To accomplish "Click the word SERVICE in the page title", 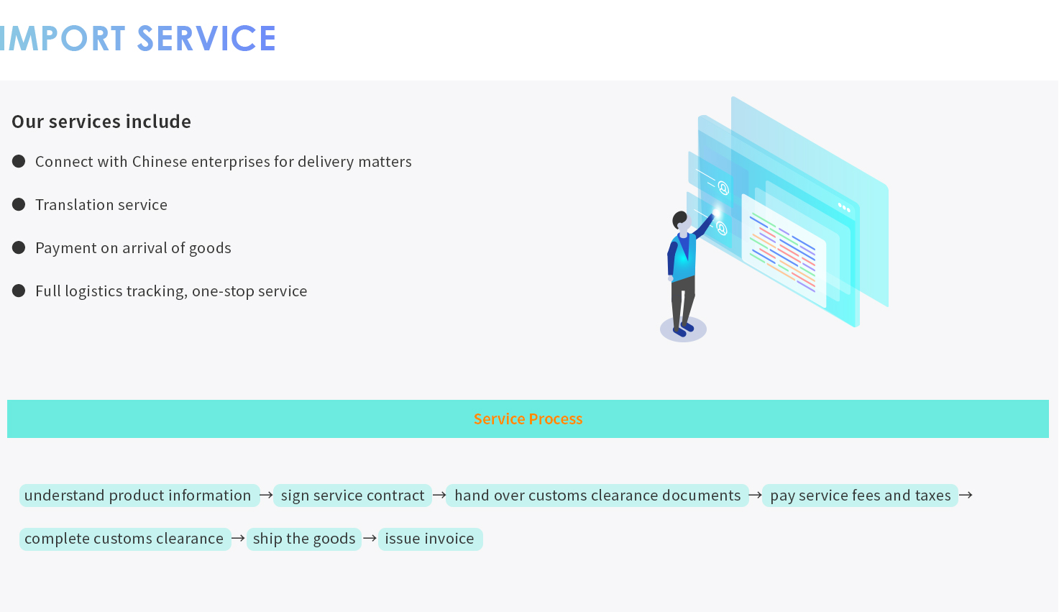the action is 206,38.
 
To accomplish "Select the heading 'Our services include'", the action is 101,122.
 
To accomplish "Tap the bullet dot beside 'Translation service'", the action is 19,204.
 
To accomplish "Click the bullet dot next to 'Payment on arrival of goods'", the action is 19,247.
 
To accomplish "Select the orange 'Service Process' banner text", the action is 528,419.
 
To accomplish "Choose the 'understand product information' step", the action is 139,495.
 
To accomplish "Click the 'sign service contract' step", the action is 353,495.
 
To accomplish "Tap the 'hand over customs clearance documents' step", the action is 597,495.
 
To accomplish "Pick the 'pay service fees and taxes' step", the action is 861,495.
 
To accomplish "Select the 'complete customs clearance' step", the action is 125,539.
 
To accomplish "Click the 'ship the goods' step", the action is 304,539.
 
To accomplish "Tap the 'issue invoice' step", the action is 430,539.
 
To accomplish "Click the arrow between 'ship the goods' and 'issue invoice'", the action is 370,538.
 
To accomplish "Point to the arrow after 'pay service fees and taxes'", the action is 966,495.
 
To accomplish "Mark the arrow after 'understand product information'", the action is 266,495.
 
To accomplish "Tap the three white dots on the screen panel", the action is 844,207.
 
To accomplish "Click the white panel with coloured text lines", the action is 784,251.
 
